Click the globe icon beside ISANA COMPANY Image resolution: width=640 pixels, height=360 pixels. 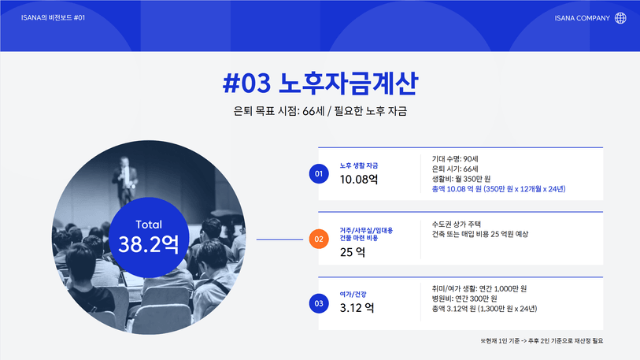pos(620,18)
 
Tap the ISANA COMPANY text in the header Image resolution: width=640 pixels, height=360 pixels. pos(582,18)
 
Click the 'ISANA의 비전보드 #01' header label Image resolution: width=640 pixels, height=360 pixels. pos(53,17)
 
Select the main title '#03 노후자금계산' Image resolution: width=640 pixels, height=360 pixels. pos(320,83)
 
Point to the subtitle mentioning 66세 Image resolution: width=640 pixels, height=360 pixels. pos(320,111)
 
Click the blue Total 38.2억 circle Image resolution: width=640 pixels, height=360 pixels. pos(149,237)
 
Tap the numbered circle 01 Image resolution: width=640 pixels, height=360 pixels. pos(319,173)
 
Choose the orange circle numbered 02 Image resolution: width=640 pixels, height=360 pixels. pos(319,239)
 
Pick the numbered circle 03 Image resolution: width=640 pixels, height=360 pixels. pos(319,303)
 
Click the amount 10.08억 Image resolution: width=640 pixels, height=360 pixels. pos(359,180)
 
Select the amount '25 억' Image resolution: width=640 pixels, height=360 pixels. pos(353,252)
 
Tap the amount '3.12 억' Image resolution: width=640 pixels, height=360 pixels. pos(357,308)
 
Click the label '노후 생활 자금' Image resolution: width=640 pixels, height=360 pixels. pos(359,165)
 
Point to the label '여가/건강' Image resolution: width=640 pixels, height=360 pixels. pos(353,294)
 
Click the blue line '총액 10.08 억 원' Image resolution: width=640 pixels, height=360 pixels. pos(499,189)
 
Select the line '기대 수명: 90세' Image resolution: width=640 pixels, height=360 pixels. pos(455,159)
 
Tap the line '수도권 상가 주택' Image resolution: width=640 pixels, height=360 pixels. pos(457,224)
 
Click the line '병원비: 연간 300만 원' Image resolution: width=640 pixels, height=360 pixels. pos(464,299)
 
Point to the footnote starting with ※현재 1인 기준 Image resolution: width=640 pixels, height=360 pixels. pos(542,341)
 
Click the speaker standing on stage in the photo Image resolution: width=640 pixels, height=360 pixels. pos(125,180)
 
